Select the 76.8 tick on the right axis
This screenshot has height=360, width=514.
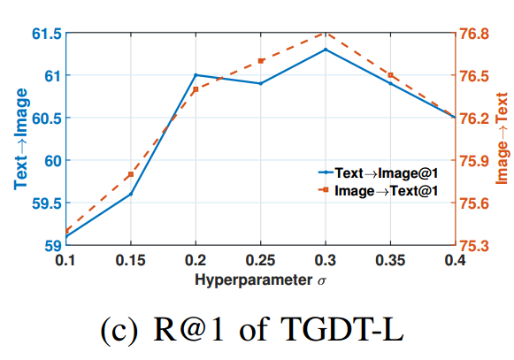(474, 34)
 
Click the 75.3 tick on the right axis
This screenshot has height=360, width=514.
(474, 245)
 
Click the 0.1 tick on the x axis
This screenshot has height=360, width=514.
(65, 261)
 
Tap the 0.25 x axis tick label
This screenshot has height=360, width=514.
(260, 261)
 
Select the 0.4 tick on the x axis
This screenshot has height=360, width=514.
(455, 261)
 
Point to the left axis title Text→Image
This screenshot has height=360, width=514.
(19, 140)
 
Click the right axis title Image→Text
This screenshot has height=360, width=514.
(502, 140)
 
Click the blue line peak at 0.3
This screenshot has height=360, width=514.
(326, 50)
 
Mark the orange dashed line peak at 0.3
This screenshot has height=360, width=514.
(326, 34)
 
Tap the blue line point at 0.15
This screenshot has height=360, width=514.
(131, 194)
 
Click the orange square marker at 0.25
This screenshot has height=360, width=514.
(260, 61)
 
